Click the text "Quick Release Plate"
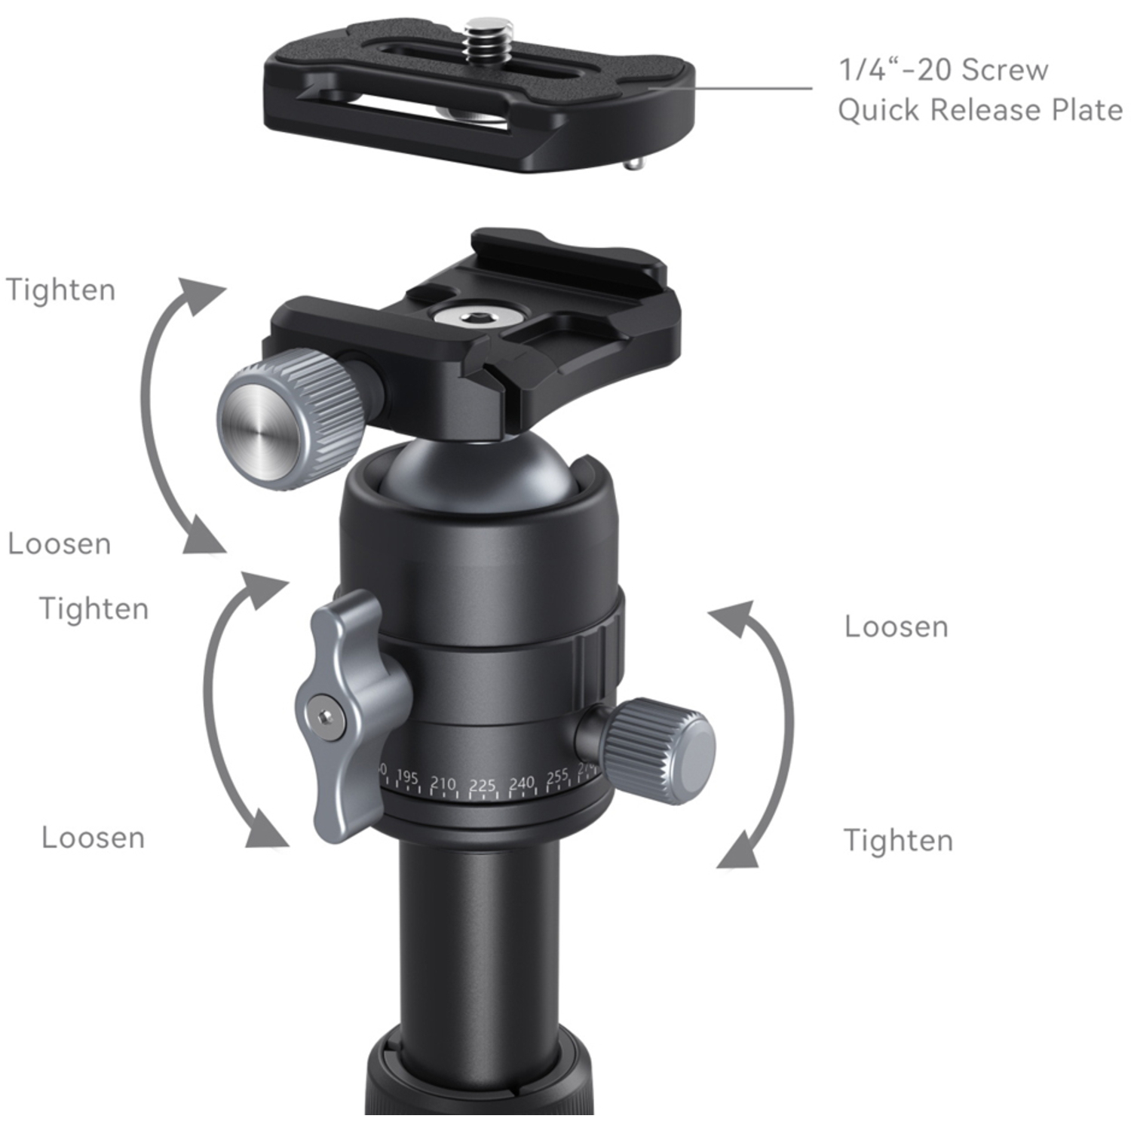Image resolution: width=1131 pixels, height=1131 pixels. click(980, 110)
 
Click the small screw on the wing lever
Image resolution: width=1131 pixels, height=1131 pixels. click(326, 716)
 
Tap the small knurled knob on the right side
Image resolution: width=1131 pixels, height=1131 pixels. click(660, 750)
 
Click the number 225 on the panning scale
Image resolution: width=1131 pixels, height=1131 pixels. click(483, 786)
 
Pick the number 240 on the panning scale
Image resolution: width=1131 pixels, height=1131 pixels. click(521, 783)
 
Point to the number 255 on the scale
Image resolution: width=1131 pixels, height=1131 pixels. click(557, 777)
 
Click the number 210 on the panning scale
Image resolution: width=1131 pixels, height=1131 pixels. click(443, 783)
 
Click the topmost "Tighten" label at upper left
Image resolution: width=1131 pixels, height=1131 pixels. click(61, 290)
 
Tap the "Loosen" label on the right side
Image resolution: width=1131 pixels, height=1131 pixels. click(896, 627)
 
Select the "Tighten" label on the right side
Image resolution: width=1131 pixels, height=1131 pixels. click(898, 840)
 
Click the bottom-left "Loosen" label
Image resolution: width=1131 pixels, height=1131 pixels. click(93, 838)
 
